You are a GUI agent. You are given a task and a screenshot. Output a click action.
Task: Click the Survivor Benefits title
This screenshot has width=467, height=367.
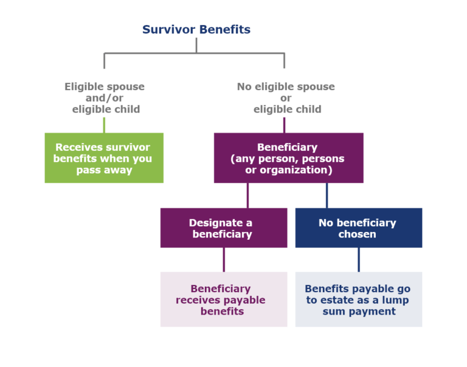(196, 29)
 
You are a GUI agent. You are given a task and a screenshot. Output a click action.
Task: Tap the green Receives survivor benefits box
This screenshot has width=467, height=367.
(104, 158)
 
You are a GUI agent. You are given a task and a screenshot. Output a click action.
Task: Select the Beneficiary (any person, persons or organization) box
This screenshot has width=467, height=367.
(288, 158)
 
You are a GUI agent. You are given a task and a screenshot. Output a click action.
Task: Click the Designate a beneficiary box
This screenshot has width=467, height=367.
(223, 228)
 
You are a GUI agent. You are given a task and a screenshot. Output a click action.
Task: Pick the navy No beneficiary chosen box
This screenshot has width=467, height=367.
(358, 228)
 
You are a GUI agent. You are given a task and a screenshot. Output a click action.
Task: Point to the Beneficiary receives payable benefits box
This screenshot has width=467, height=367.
(223, 299)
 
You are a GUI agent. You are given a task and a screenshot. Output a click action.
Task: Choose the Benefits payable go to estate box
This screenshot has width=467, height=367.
(358, 299)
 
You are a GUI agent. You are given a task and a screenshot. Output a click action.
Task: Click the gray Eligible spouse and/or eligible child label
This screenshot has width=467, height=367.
(105, 98)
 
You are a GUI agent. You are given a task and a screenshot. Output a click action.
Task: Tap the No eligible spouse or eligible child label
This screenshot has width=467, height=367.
(285, 98)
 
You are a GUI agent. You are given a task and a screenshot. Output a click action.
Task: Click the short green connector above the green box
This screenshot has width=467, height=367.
(104, 125)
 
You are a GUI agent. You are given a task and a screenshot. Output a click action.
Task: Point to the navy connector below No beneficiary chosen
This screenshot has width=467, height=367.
(358, 259)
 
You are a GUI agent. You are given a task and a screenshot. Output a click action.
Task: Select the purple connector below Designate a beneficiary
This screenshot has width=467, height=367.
(224, 259)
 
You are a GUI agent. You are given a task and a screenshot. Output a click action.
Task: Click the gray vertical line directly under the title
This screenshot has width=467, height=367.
(196, 45)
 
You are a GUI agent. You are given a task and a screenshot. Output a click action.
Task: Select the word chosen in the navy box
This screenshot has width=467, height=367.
(358, 234)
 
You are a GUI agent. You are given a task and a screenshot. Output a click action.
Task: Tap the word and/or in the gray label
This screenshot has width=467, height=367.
(106, 98)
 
